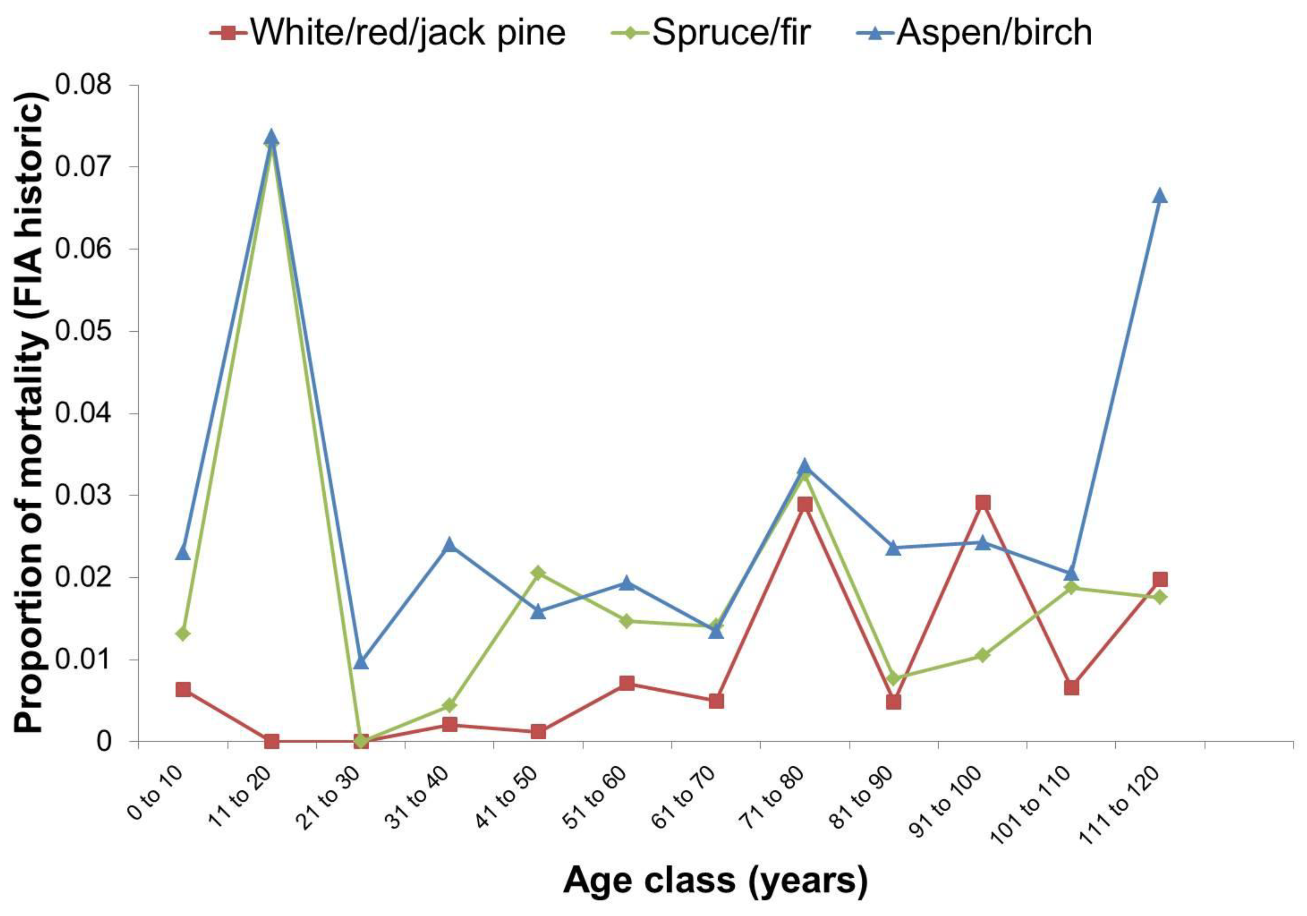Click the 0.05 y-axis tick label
coord(91,332)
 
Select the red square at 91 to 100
coord(982,503)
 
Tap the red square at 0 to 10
coord(183,690)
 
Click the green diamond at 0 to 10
coord(183,634)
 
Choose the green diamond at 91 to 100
coord(982,655)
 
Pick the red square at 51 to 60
coord(627,683)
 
